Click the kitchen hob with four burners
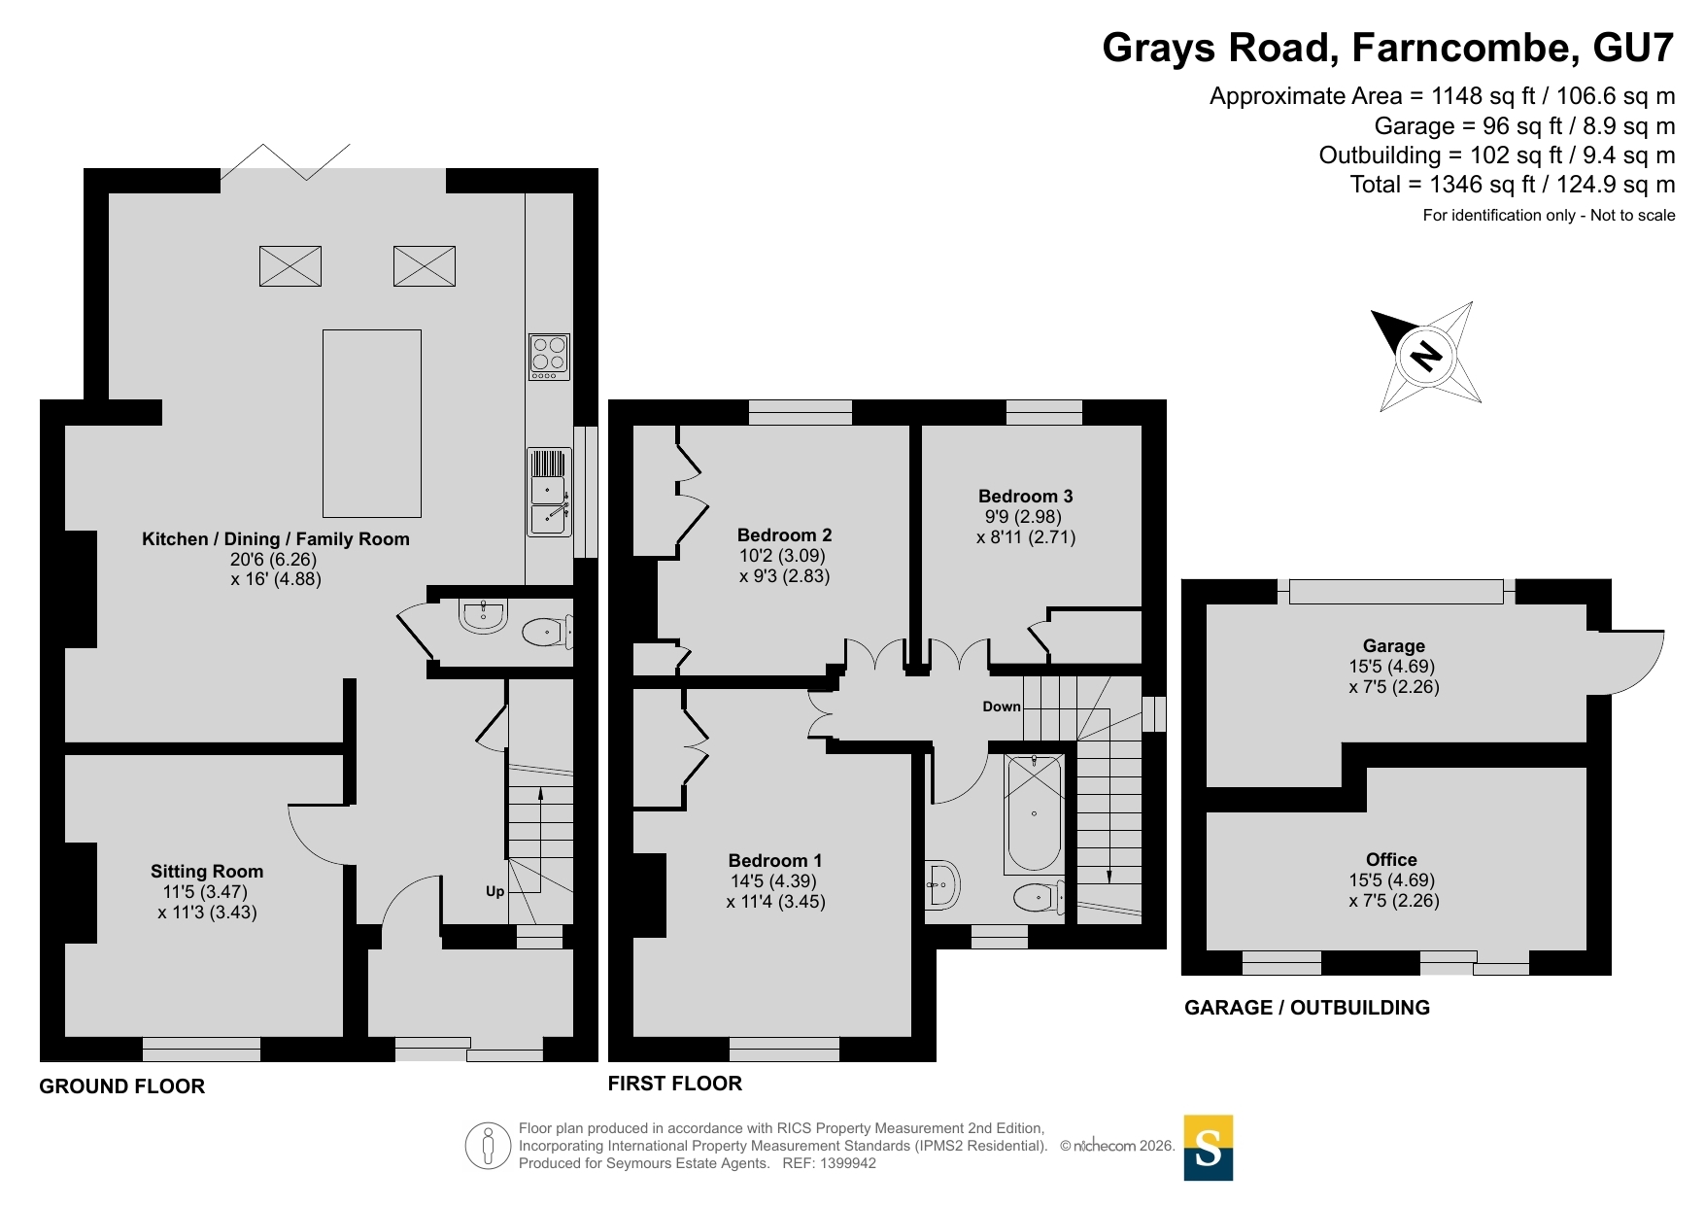(549, 357)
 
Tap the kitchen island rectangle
(372, 423)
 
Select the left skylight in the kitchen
(290, 266)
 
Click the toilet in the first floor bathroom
(1039, 897)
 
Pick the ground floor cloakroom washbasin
(483, 615)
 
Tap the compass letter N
(1425, 356)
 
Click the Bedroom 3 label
(1025, 497)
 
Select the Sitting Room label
(207, 872)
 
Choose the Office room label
(1391, 860)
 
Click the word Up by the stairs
(495, 891)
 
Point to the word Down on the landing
(1002, 706)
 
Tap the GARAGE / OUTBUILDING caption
(1307, 1008)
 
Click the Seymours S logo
(1209, 1148)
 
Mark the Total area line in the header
(1513, 185)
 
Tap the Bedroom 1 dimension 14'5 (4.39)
(773, 881)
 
